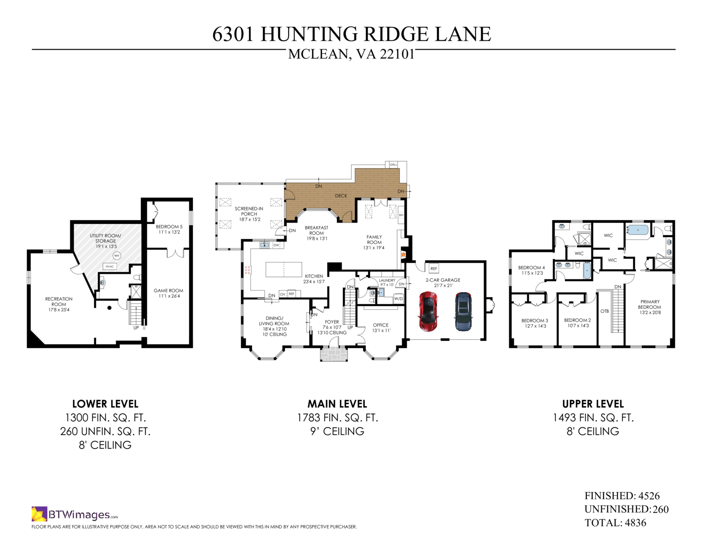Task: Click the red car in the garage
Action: coord(428,311)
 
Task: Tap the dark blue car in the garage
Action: coord(463,312)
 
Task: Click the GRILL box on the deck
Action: coord(393,165)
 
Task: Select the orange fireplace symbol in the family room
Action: coord(403,254)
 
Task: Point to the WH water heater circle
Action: coord(117,255)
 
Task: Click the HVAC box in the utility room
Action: coord(109,266)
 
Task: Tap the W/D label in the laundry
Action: coord(399,298)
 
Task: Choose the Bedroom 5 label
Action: coord(169,229)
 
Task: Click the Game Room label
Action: coord(169,293)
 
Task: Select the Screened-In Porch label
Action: coord(249,214)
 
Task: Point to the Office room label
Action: coord(381,328)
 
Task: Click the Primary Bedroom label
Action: coord(649,307)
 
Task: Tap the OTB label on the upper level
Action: coord(605,311)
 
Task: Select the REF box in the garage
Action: coord(434,269)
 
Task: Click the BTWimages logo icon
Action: coord(39,514)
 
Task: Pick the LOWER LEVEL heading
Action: coord(105,404)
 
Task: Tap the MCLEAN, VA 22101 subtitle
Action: coord(351,54)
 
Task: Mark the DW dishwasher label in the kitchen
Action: coord(276,245)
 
